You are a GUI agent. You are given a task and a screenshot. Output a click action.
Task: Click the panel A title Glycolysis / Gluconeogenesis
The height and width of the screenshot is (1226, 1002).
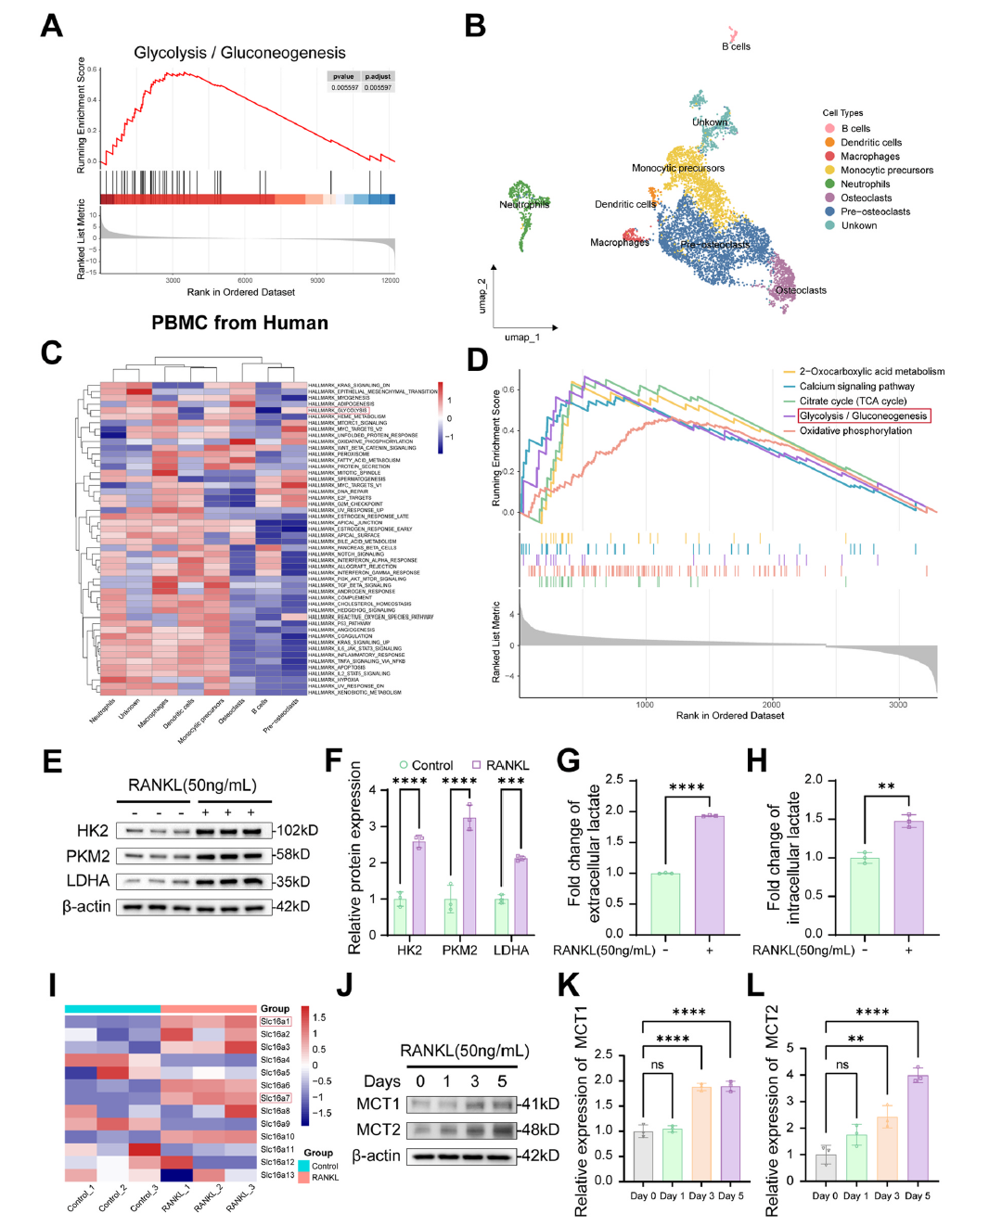point(239,53)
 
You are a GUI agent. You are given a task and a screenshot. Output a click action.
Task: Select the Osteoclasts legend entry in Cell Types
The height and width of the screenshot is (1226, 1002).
point(866,198)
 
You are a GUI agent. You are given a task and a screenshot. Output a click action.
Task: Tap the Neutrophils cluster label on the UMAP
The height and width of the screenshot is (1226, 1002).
point(524,204)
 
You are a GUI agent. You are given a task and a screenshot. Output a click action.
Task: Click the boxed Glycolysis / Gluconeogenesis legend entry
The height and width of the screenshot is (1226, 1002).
point(863,415)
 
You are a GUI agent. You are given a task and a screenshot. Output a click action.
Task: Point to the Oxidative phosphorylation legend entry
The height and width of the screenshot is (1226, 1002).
point(855,430)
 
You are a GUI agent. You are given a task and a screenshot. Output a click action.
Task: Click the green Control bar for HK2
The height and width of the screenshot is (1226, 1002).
point(400,915)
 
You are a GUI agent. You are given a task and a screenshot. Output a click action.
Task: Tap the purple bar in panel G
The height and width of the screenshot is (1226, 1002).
point(710,875)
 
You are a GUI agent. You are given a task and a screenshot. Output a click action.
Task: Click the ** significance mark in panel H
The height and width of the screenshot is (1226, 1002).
point(886,787)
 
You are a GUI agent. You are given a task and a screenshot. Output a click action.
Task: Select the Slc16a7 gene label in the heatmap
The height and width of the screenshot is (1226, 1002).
point(276,1098)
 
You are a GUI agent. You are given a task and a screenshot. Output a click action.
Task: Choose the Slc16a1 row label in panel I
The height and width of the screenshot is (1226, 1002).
point(276,1021)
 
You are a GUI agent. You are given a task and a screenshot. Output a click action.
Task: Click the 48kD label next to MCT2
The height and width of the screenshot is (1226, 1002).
point(540,1130)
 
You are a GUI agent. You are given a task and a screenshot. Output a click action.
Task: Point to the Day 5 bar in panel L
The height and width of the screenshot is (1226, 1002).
point(918,1128)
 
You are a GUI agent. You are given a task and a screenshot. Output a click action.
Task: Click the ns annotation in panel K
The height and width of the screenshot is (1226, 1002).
point(657,1065)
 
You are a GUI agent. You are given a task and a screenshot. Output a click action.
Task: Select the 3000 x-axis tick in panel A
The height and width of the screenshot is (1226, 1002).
point(173,280)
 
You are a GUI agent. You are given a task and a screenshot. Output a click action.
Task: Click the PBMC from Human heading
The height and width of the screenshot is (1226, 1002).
point(239,323)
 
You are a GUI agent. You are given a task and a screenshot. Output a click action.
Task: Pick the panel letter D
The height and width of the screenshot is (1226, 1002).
point(477,360)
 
